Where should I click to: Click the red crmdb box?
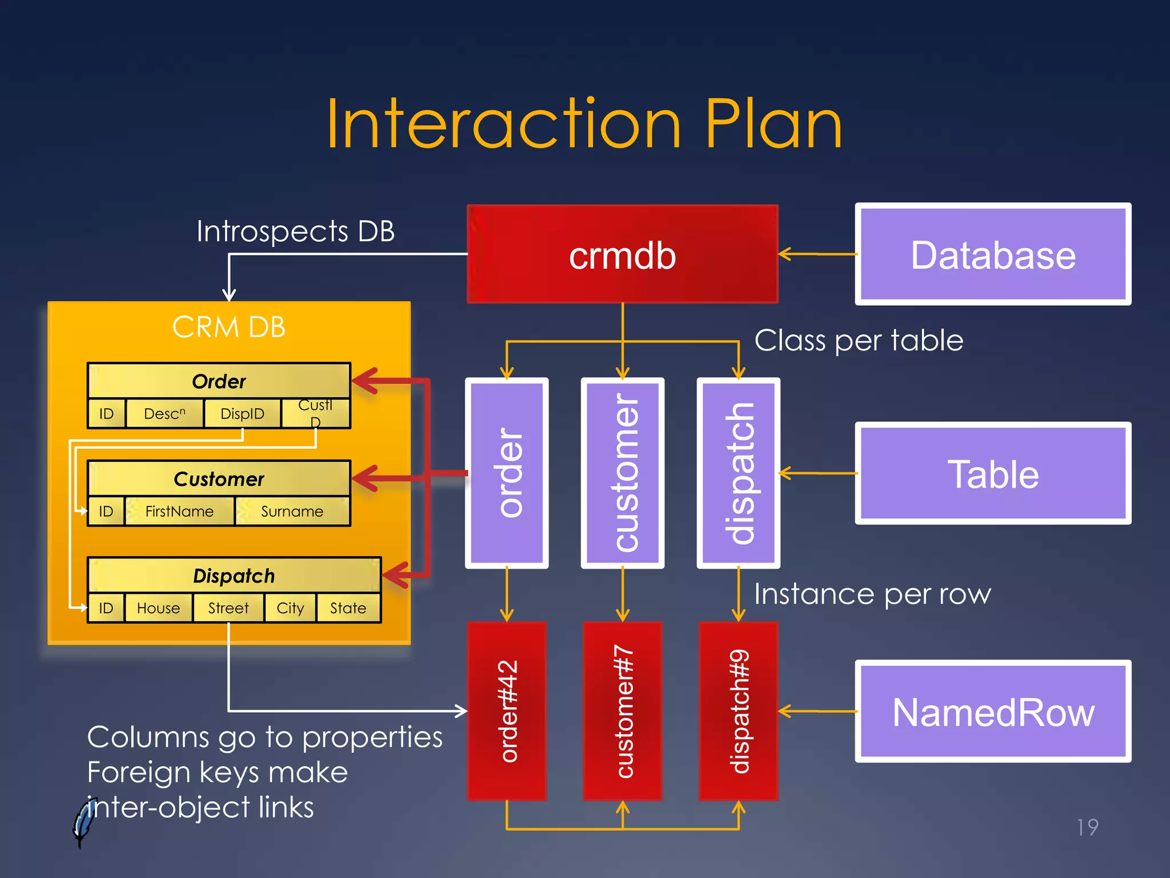(622, 254)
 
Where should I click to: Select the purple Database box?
(992, 254)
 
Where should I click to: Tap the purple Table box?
(992, 473)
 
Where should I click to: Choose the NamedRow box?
(992, 712)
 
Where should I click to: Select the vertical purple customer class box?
(623, 473)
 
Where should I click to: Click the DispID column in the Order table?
(242, 413)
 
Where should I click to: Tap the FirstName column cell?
(179, 511)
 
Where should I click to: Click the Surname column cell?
(292, 511)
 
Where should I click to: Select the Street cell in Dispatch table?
(229, 608)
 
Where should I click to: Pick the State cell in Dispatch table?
(348, 608)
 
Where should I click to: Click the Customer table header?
(219, 478)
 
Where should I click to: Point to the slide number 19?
(1087, 827)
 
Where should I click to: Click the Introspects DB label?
(295, 232)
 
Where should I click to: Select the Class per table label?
(859, 341)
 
